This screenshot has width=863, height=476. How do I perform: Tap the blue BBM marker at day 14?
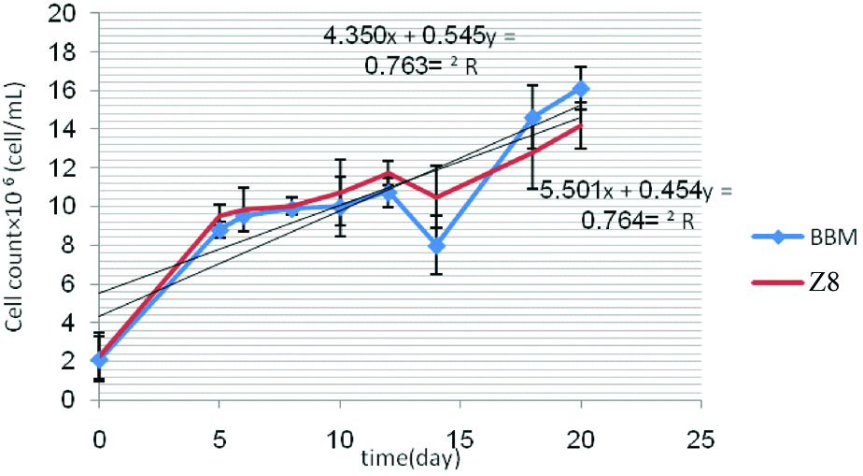436,246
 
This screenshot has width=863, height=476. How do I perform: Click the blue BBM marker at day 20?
581,89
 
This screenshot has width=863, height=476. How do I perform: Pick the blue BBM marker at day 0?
99,360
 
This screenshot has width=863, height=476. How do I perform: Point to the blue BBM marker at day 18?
532,118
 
